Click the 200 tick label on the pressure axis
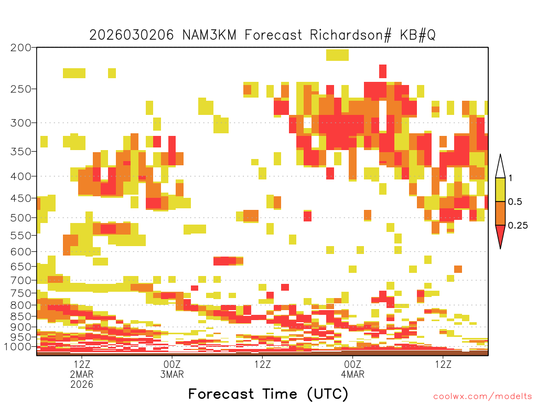point(20,48)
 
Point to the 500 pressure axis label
point(20,218)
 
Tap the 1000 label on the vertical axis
point(17,347)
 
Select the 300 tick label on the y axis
point(20,123)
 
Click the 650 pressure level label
point(20,266)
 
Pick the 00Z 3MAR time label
point(172,369)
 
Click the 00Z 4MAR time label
point(353,369)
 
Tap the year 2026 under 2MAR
point(82,385)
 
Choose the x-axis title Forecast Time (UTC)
point(268,394)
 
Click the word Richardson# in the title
point(350,35)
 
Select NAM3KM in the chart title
point(209,35)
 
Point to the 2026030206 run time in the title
point(132,35)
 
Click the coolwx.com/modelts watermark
point(482,397)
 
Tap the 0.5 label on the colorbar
point(515,202)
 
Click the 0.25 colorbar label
point(518,226)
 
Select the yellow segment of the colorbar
point(500,189)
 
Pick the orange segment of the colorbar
point(500,213)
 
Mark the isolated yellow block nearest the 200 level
point(337,55)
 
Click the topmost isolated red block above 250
point(383,71)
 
